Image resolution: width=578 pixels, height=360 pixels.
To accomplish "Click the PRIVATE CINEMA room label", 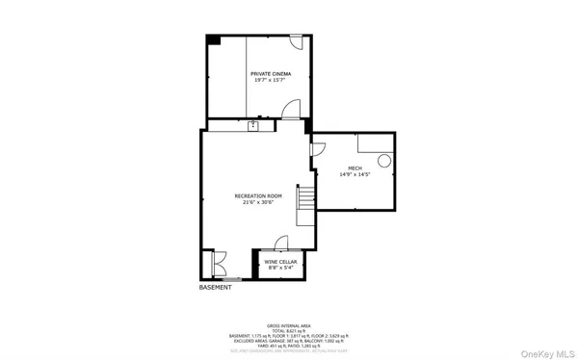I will (271, 73).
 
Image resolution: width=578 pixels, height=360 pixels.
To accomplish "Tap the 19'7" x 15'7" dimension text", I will (271, 80).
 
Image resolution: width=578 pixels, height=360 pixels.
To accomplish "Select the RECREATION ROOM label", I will (255, 196).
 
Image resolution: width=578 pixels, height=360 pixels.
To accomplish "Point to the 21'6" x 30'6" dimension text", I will (255, 203).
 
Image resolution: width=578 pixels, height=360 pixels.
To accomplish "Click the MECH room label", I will (355, 168).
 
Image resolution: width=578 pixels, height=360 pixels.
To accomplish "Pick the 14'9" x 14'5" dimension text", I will (355, 175).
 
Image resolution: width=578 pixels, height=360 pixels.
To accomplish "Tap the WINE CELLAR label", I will (280, 261).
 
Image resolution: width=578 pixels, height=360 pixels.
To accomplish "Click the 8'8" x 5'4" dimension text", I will (280, 268).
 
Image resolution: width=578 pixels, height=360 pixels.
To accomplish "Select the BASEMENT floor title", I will (216, 288).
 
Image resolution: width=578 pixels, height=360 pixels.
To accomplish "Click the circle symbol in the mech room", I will (383, 161).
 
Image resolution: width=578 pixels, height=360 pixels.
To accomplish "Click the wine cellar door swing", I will (281, 244).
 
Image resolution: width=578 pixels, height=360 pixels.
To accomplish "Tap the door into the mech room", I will (317, 149).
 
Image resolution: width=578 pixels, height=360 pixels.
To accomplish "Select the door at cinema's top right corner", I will (297, 43).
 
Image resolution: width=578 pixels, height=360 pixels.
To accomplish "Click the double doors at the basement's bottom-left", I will (213, 265).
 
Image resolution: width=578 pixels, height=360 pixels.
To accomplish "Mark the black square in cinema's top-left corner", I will (213, 39).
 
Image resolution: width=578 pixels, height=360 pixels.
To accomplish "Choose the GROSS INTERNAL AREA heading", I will (288, 326).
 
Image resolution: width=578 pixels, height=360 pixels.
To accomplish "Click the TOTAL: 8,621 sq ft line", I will (288, 331).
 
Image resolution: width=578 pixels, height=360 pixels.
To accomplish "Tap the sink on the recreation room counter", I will (253, 126).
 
